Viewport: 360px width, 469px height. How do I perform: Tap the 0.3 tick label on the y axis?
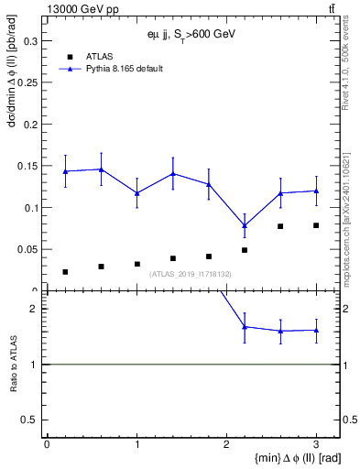pyautogui.click(x=29, y=41)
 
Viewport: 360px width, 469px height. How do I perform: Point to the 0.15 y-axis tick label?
pyautogui.click(x=27, y=166)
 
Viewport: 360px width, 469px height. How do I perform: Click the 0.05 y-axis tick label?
pyautogui.click(x=27, y=249)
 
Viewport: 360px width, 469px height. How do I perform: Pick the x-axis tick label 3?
pyautogui.click(x=316, y=443)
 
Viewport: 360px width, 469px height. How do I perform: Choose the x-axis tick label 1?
pyautogui.click(x=136, y=443)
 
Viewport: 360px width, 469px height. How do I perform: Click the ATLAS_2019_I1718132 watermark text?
pyautogui.click(x=191, y=274)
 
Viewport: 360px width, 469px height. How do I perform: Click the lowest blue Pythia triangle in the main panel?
pyautogui.click(x=245, y=225)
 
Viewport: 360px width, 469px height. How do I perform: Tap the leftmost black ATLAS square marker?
pyautogui.click(x=65, y=271)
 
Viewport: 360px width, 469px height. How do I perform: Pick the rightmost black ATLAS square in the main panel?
pyautogui.click(x=316, y=225)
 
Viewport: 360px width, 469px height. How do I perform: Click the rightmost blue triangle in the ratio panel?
pyautogui.click(x=316, y=330)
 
